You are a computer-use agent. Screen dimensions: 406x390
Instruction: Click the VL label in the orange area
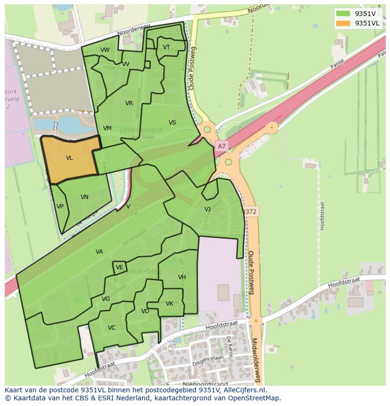(x=69, y=158)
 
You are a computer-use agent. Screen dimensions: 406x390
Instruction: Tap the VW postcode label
(x=105, y=50)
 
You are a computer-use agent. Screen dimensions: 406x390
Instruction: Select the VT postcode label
(x=166, y=47)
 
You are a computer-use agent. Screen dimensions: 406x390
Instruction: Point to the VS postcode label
(x=172, y=123)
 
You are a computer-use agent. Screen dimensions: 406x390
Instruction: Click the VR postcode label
(x=129, y=103)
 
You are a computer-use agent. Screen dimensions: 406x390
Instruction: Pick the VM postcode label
(x=107, y=128)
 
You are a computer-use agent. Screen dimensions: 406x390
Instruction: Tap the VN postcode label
(x=84, y=197)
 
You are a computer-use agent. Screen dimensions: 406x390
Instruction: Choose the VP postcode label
(x=60, y=207)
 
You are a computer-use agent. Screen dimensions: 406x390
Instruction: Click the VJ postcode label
(x=207, y=209)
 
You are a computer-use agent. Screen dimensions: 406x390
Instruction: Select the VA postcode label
(x=99, y=252)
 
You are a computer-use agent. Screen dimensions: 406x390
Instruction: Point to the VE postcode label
(x=120, y=267)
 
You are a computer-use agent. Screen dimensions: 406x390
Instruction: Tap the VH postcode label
(x=182, y=277)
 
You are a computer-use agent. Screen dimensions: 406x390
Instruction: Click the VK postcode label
(x=170, y=304)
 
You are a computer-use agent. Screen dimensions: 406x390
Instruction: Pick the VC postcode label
(x=112, y=328)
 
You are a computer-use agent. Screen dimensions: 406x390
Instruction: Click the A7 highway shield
(x=221, y=147)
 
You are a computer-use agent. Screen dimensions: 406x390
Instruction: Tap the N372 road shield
(x=250, y=212)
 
